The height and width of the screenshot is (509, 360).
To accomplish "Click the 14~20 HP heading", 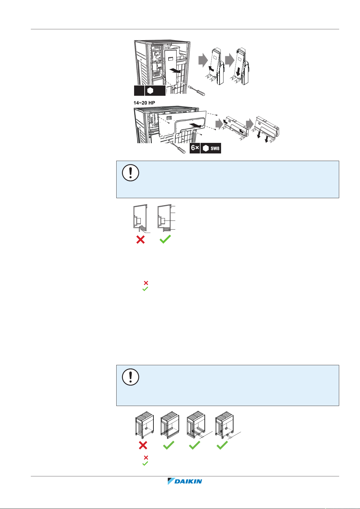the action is (x=144, y=103).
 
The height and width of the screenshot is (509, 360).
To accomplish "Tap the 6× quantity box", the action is (x=195, y=148).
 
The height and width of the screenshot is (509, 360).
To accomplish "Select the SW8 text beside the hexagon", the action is (x=215, y=149).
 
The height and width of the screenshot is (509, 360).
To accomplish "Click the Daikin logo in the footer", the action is (x=185, y=481).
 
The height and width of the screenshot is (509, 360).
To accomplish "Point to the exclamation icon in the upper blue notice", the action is (x=130, y=173).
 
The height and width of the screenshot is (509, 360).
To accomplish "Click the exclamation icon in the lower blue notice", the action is (x=130, y=377).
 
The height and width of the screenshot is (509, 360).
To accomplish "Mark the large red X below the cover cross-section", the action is (x=141, y=240).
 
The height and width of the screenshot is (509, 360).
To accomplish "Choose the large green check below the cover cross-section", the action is (x=165, y=239).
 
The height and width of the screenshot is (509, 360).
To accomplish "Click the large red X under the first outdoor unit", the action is (x=143, y=445).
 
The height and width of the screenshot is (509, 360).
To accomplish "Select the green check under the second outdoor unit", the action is (x=169, y=445).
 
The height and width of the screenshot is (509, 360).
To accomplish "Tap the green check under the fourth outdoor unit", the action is (x=222, y=445).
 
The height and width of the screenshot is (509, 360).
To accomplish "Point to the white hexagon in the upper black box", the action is (x=150, y=91).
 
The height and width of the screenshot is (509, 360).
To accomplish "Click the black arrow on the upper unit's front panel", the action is (x=175, y=71).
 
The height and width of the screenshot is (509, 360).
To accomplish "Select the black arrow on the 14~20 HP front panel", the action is (x=196, y=125).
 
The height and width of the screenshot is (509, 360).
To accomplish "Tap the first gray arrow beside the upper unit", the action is (x=203, y=60).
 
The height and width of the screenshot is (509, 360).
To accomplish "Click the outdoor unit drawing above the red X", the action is (x=144, y=425).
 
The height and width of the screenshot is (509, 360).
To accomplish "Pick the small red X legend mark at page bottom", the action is (x=146, y=457).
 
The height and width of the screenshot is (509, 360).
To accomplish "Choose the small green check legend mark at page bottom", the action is (x=145, y=463).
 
